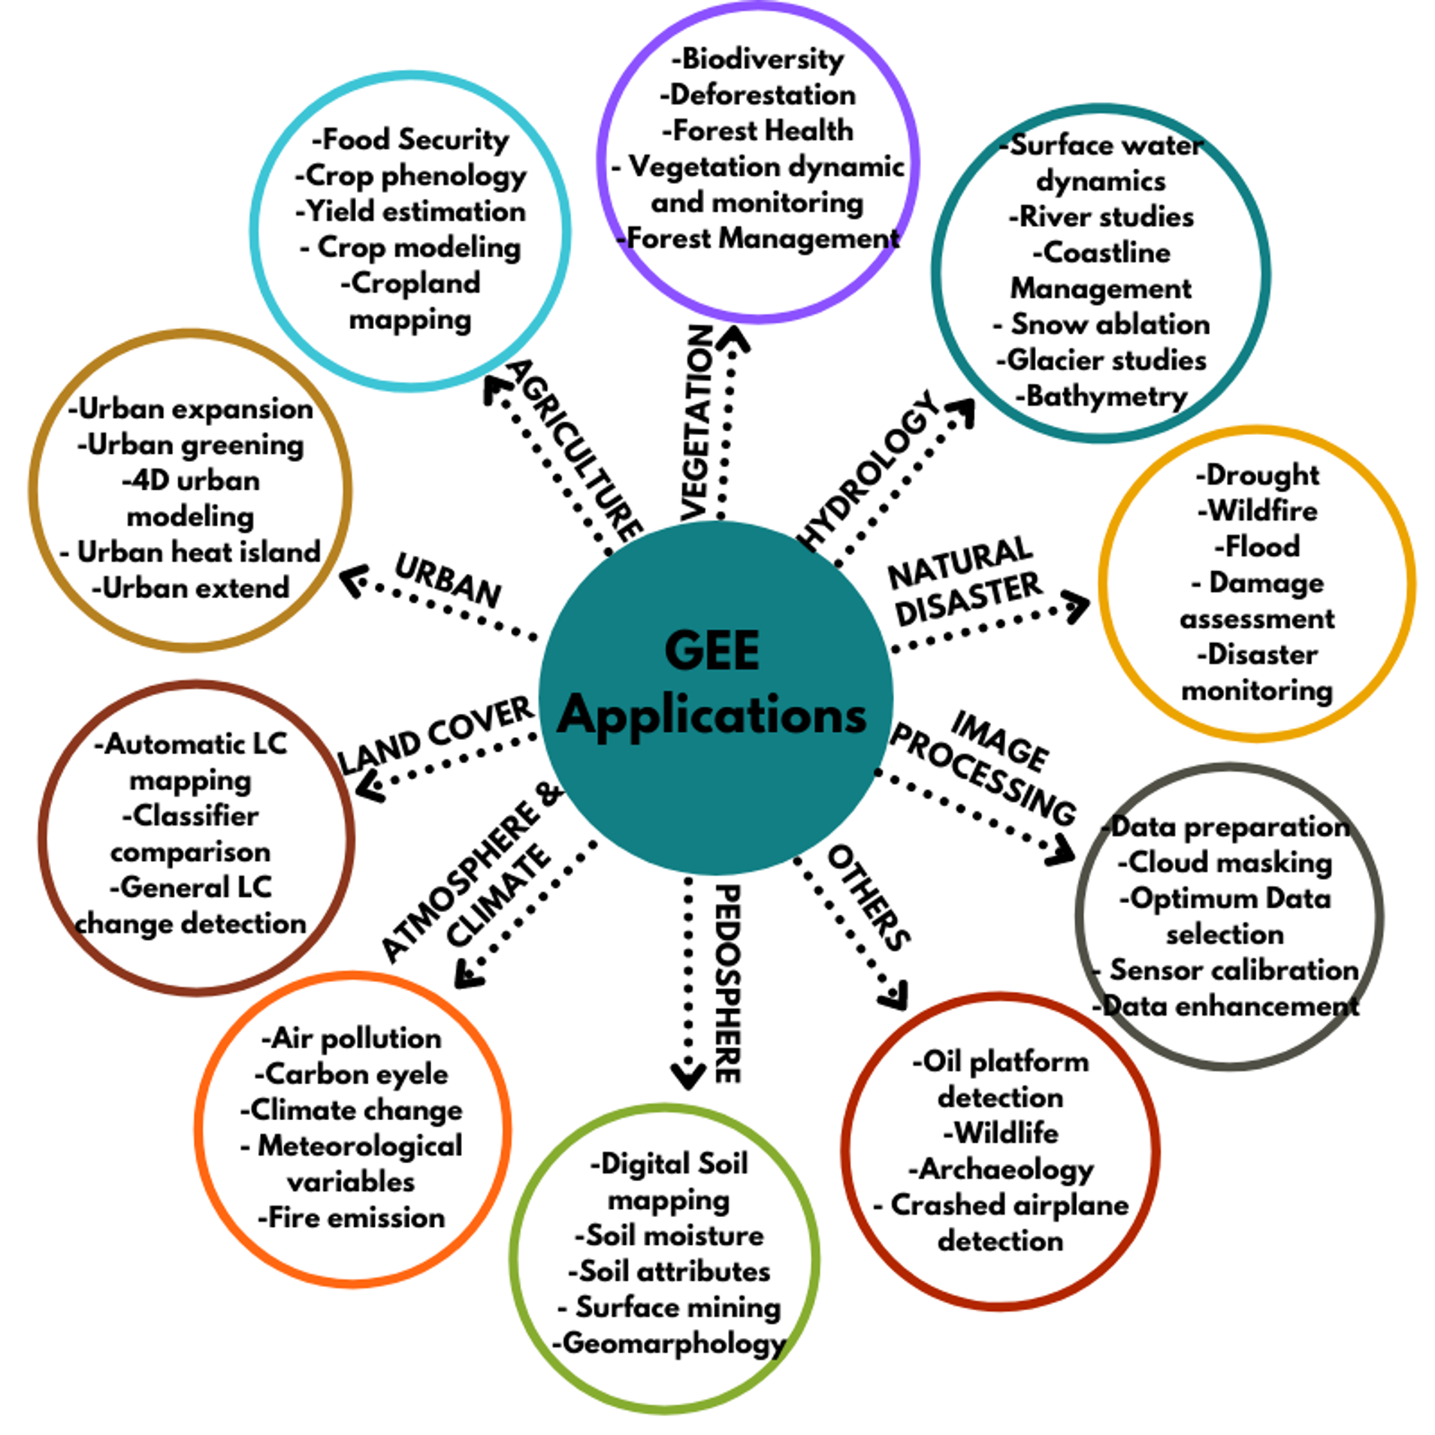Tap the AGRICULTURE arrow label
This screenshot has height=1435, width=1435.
[x=576, y=451]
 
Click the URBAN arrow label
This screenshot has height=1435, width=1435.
[x=449, y=579]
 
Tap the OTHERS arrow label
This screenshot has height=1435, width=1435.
[x=869, y=897]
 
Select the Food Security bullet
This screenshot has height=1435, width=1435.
[x=411, y=140]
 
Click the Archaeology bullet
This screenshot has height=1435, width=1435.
[x=1001, y=1169]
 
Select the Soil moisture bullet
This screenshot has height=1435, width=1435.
[x=669, y=1235]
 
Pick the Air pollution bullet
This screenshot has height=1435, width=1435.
[x=352, y=1038]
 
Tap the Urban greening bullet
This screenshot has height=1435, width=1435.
[x=191, y=445]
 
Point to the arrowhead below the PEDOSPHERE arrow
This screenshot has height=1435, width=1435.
[x=687, y=1074]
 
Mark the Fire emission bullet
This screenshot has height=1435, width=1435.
[x=352, y=1217]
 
